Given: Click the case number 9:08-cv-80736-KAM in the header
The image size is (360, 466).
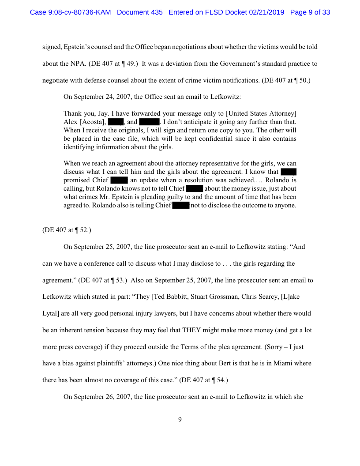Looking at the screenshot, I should [x=71, y=12].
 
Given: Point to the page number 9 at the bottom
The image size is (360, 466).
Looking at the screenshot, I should [x=180, y=420].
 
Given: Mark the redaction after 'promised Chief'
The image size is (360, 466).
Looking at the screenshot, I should [x=119, y=180].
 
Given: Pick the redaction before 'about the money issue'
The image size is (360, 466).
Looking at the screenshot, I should [x=194, y=188].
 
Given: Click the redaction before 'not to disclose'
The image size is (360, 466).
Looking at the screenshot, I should [x=180, y=205].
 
